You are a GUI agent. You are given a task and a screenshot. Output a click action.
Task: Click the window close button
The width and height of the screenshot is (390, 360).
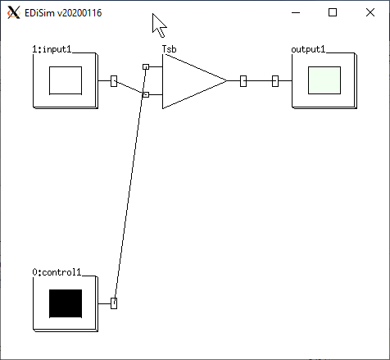coord(370,12)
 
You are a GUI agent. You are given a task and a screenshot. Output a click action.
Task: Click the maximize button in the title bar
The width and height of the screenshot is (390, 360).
coord(333,12)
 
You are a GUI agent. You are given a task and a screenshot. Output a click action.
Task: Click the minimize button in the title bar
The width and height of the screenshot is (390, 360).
coord(296,12)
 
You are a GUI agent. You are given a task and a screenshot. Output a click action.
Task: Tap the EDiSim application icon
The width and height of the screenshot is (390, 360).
coord(14,12)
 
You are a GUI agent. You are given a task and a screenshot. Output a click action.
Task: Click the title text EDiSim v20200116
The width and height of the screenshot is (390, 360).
coord(63,13)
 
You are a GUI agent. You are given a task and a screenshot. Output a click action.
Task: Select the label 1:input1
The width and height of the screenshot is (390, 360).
coord(52,49)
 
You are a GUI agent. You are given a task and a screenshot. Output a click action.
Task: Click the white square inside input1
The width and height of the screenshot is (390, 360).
coord(66,80)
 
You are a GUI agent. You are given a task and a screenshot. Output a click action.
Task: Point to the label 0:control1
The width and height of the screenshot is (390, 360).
coord(57,272)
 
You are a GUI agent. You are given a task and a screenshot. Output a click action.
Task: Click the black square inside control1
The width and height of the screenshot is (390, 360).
coord(66,303)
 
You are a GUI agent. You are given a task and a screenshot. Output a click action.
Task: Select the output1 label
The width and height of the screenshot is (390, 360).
coord(308,49)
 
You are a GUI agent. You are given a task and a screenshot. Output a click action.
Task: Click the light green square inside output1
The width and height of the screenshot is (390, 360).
coord(324,80)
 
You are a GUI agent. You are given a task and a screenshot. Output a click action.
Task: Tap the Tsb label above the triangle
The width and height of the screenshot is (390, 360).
coord(170,49)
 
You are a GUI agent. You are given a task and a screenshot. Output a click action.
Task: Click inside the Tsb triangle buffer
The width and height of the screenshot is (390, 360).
coord(188,81)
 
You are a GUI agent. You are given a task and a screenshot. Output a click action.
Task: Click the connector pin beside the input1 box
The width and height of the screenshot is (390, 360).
coord(114,81)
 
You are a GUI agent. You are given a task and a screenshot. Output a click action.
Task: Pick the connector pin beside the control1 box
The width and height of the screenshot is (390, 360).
coord(114,303)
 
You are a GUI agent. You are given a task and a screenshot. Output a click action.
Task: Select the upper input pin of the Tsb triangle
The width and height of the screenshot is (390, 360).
coord(146,66)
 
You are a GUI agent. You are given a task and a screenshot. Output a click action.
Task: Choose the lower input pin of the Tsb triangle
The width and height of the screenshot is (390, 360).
coord(146,94)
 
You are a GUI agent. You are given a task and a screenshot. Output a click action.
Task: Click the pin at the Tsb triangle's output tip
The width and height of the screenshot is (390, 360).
coord(243,81)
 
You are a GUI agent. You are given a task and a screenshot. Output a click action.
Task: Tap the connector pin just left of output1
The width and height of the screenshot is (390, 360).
coord(275,81)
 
